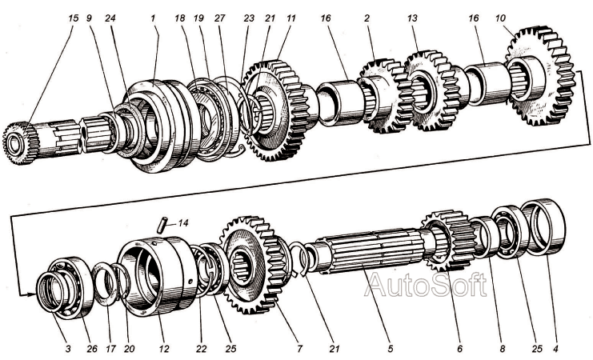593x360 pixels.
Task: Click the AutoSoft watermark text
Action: point(425,284)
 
